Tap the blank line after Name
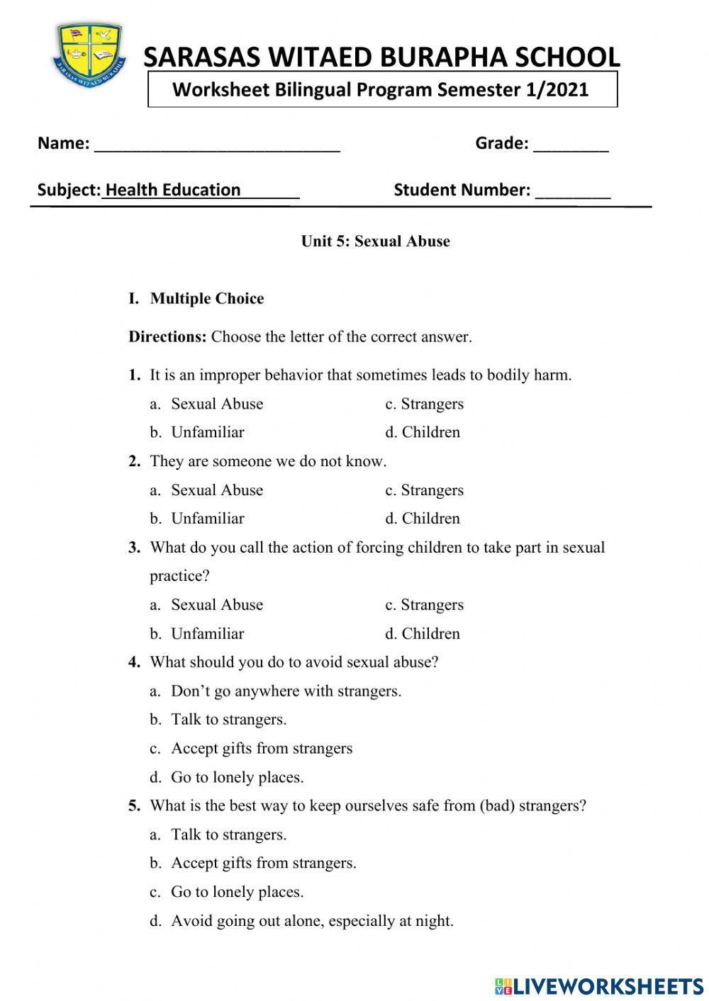(217, 145)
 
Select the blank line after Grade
(571, 145)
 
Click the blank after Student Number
(573, 191)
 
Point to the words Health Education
(173, 190)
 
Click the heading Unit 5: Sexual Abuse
(375, 241)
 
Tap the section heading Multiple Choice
(206, 298)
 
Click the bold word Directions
(167, 337)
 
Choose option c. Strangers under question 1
(424, 404)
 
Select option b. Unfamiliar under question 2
(197, 519)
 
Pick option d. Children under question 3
(423, 633)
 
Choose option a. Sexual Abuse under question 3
(206, 604)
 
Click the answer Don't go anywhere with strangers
(286, 691)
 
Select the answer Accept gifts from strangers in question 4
(261, 748)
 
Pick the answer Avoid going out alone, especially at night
(312, 920)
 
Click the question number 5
(134, 805)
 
